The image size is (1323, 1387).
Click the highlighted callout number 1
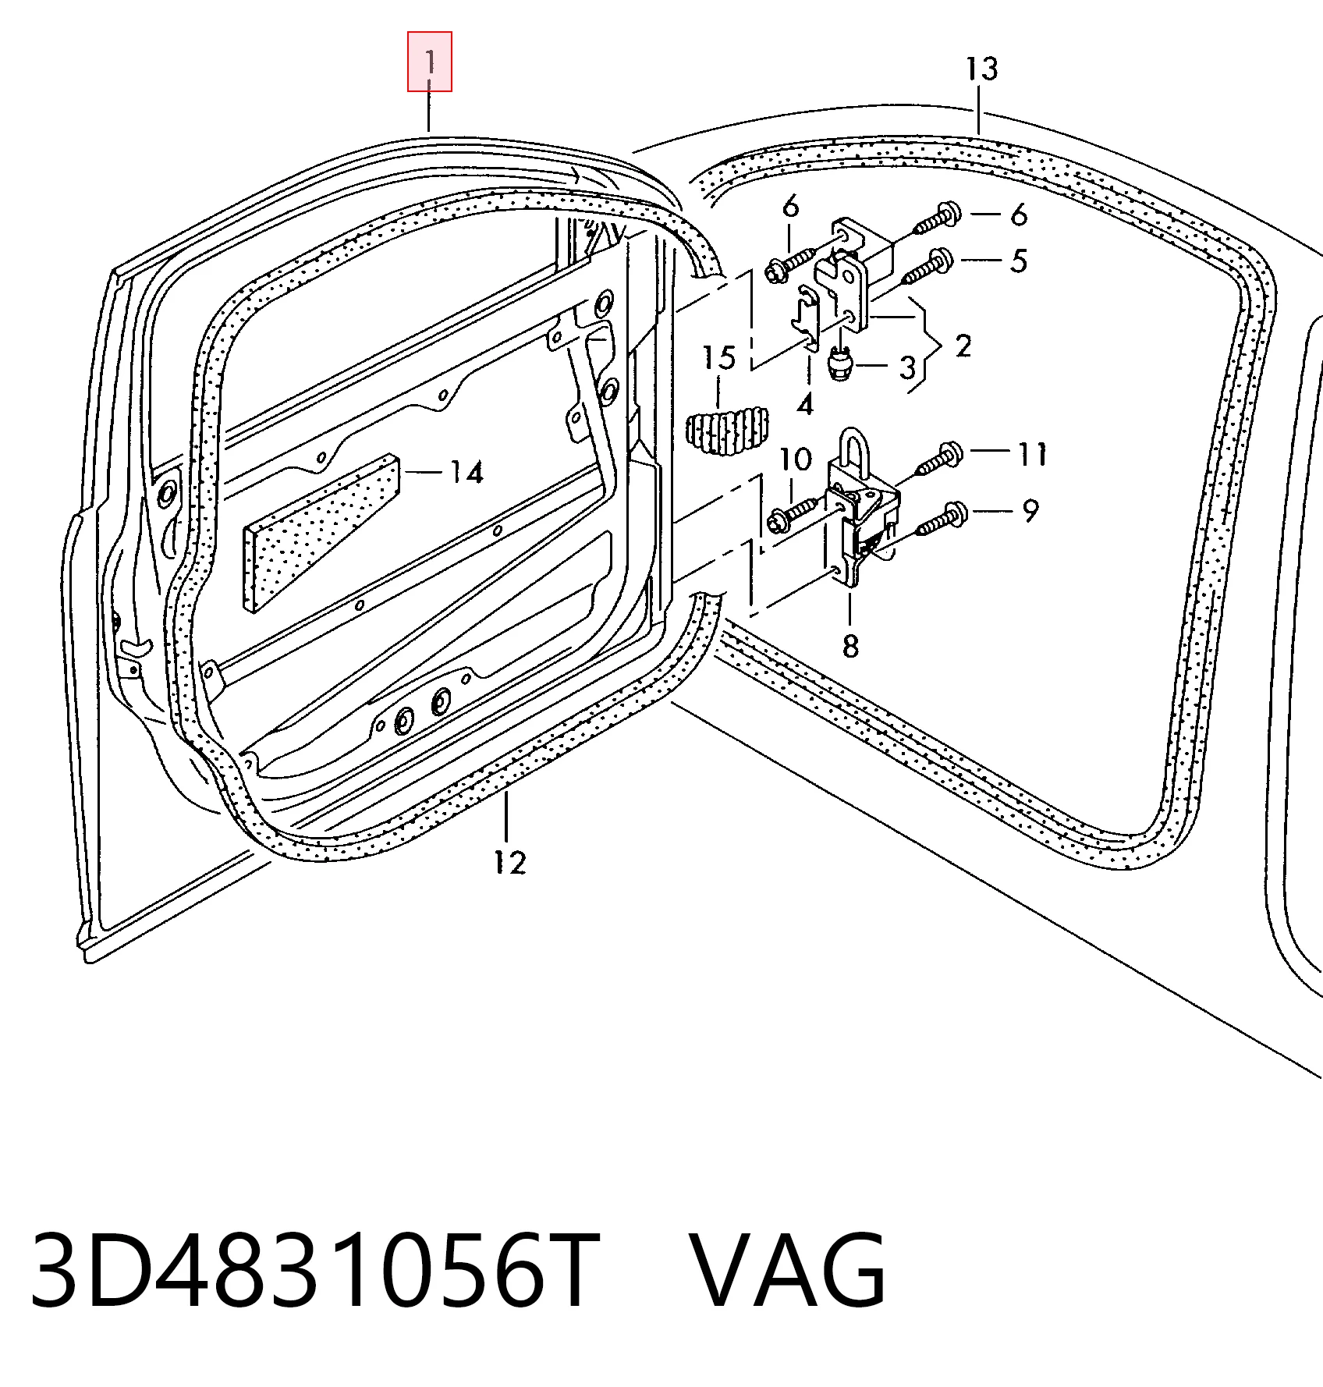(430, 61)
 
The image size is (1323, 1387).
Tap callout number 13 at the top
(981, 69)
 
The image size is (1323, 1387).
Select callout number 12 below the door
(509, 862)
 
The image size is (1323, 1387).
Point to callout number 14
(466, 472)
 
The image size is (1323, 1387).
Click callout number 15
(718, 358)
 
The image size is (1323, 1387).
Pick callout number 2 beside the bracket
(963, 345)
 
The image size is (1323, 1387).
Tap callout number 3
(906, 367)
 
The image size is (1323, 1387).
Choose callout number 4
(805, 404)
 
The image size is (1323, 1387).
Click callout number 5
(1019, 261)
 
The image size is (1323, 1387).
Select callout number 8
(850, 646)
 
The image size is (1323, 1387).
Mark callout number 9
(1030, 512)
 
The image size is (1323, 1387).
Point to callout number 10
(795, 459)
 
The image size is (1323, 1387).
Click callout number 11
(1032, 454)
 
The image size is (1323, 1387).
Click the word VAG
(789, 1274)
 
